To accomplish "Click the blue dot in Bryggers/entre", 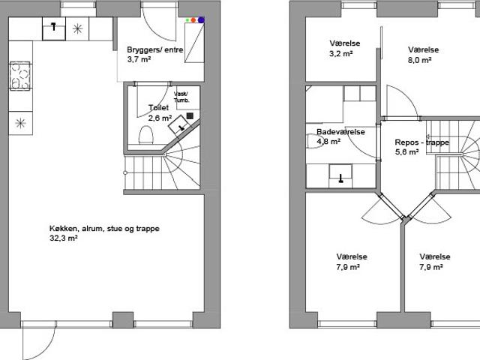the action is (201, 20).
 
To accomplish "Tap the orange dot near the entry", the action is (193, 20).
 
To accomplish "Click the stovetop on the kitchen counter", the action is (20, 76).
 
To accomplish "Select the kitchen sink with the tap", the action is (54, 28).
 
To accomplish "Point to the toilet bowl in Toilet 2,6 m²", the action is (145, 135).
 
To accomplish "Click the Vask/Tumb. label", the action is (181, 97).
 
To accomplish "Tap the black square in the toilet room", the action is (190, 115).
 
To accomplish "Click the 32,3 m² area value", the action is (63, 238).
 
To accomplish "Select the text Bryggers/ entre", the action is (155, 49).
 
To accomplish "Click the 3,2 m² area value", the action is (341, 54).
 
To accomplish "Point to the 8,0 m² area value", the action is (420, 60).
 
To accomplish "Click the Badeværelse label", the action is (340, 132).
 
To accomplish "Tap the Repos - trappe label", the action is (421, 142).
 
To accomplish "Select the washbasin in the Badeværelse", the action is (340, 175).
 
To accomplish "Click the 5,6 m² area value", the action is (406, 151).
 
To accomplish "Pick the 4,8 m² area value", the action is (328, 142).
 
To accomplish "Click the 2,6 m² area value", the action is (160, 118).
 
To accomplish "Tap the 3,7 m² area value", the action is (139, 59).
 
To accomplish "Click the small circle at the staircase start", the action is (125, 173).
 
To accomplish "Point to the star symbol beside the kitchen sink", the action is (78, 28).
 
